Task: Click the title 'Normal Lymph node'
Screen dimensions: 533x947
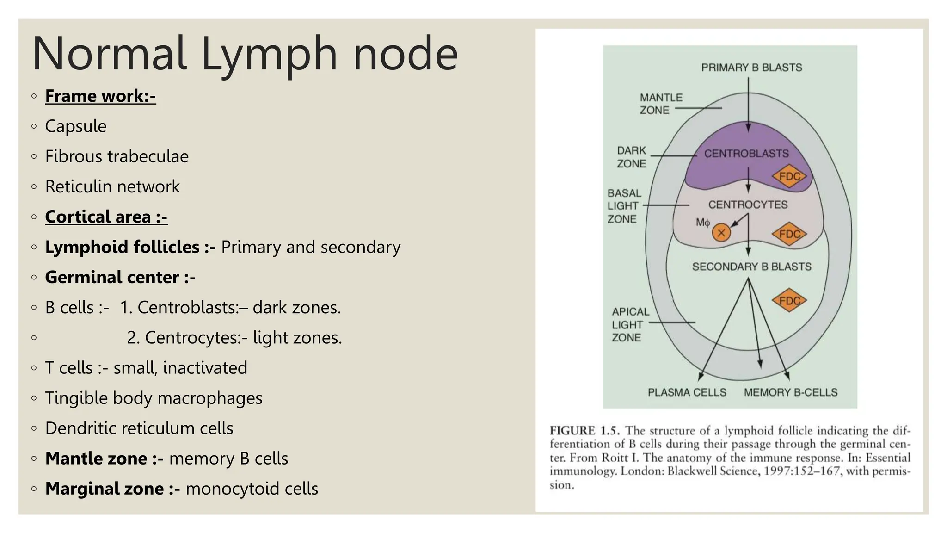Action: [245, 54]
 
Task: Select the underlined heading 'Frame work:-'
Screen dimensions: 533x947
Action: [100, 96]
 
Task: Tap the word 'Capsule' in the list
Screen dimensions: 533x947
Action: [76, 126]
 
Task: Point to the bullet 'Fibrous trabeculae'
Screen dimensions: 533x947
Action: [117, 156]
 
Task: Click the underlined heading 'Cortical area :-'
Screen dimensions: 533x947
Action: [106, 217]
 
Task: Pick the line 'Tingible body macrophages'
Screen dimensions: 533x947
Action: [154, 398]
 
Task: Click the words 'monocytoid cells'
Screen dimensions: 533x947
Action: [252, 489]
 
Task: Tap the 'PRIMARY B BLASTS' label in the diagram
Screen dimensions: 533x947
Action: [751, 68]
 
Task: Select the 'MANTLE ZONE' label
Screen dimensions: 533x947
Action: [660, 104]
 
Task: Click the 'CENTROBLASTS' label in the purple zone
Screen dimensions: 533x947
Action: [746, 154]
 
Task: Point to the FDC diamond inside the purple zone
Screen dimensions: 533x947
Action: [789, 176]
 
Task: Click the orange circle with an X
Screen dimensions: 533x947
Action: [721, 233]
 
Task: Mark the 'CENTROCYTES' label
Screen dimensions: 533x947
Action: [748, 205]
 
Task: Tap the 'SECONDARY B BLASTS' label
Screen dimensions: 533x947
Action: [751, 266]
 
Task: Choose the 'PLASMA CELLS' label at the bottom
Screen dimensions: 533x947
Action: [687, 392]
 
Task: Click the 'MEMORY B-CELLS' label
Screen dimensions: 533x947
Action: [790, 392]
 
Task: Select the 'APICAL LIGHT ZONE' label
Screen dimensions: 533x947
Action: [630, 325]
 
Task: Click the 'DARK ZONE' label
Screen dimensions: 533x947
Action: [631, 157]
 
